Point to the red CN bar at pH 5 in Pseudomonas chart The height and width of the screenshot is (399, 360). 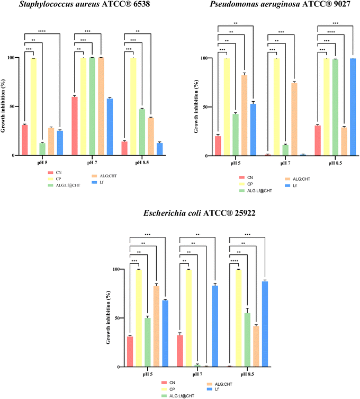(x=218, y=146)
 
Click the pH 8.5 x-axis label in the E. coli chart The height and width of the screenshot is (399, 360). (x=251, y=374)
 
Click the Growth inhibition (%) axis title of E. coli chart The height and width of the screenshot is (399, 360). (x=110, y=318)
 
